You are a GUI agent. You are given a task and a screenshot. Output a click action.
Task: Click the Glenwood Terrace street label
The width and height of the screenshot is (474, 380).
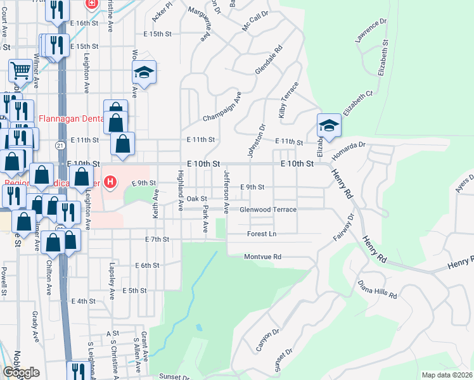[x=267, y=210]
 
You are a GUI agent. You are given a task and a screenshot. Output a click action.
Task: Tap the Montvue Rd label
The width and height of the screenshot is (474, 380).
[x=262, y=257]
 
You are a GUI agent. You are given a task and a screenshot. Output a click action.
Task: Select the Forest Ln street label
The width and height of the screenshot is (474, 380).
[x=262, y=234]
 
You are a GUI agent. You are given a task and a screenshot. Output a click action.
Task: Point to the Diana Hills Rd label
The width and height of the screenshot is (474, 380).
[x=377, y=289]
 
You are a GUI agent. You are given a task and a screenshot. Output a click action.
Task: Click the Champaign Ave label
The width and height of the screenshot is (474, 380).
[x=222, y=108]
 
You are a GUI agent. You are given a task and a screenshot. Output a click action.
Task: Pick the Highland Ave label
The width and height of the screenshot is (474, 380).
[x=181, y=190]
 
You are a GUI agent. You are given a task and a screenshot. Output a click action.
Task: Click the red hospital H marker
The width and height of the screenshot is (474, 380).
[x=111, y=183]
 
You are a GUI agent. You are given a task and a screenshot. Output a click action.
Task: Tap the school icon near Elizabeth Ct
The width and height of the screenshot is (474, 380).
[x=329, y=126]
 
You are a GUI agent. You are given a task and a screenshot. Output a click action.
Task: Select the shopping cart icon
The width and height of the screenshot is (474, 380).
[x=21, y=72]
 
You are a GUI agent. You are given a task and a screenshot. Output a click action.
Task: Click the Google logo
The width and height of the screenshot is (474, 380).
[x=21, y=372]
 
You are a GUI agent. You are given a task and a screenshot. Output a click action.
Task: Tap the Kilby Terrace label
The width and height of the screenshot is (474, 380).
[x=287, y=99]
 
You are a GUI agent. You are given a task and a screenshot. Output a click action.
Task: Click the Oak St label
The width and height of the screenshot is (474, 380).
[x=196, y=199]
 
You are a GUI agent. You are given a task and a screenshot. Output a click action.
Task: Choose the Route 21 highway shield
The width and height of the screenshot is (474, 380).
[x=60, y=146]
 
